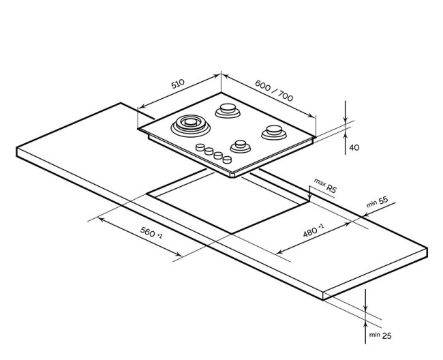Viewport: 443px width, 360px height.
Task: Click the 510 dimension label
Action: click(x=177, y=85)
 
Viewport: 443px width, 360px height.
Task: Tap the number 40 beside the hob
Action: click(x=353, y=147)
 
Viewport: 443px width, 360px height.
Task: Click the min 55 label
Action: click(x=377, y=201)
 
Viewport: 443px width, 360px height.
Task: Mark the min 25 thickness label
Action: click(x=380, y=335)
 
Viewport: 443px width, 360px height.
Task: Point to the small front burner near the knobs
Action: click(x=240, y=145)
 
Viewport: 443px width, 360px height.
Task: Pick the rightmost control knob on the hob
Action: click(x=226, y=160)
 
